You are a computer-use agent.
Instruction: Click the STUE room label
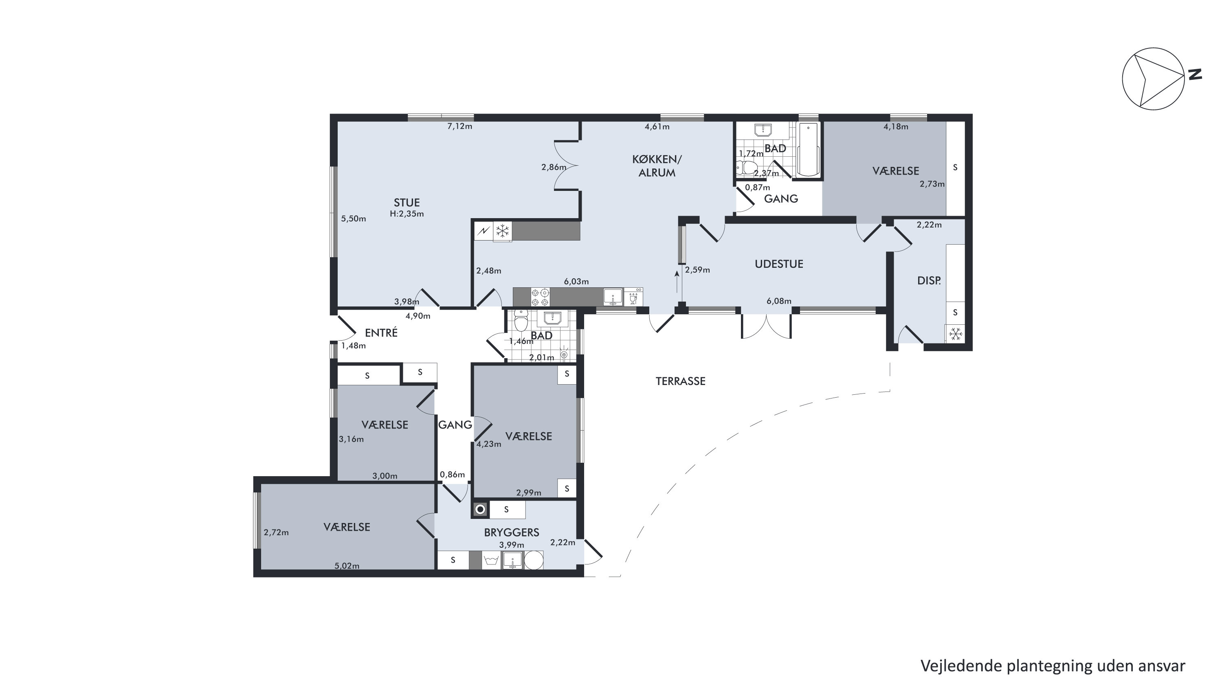pos(407,203)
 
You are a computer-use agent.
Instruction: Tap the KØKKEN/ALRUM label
pos(657,166)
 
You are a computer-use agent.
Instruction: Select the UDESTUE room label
pos(779,264)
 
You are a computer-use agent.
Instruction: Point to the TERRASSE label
pos(680,381)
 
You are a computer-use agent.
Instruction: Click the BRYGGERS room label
pos(511,532)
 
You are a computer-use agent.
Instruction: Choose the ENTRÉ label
pos(381,333)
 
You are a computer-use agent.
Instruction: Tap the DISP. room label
pos(929,281)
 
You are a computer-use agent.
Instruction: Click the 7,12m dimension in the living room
pos(459,126)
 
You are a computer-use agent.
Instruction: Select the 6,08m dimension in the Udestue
pos(779,301)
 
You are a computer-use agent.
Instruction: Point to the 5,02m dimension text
pos(347,566)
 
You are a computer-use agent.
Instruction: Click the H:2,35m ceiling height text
pos(407,214)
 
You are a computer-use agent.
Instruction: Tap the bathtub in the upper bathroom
pos(808,150)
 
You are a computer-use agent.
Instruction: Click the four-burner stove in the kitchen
pos(540,297)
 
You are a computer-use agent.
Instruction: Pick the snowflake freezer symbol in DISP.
pos(955,334)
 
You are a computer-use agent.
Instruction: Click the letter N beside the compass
pos(1195,74)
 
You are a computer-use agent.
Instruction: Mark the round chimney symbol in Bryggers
pos(481,510)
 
